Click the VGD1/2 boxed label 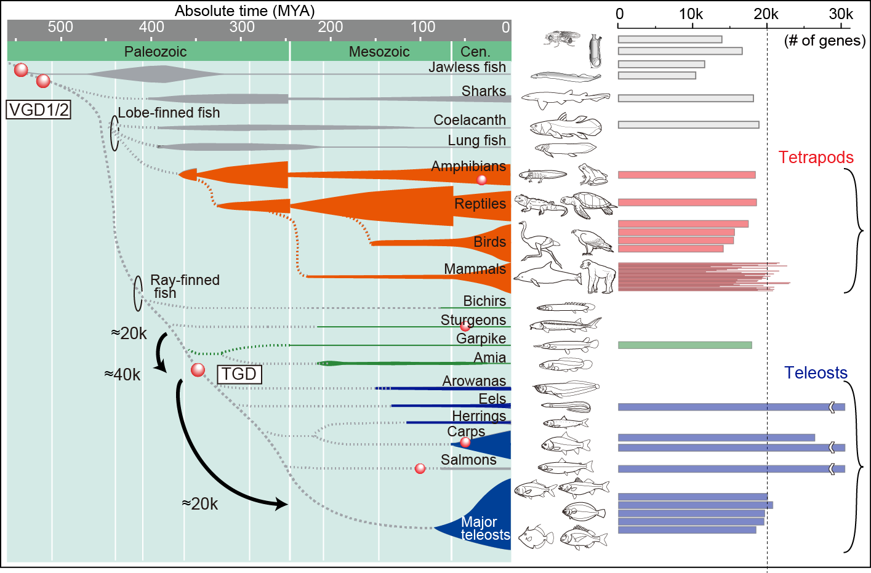pos(38,110)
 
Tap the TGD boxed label pos(239,374)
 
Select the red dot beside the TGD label pos(198,370)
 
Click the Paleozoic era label pos(155,52)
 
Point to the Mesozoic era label pos(379,52)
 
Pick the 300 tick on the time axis pos(242,27)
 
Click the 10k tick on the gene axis pos(691,14)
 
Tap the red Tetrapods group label pos(816,158)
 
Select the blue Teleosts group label pos(816,373)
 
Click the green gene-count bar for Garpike pos(684,345)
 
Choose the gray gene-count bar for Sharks pos(685,98)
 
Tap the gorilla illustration pos(597,275)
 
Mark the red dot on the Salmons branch pos(420,468)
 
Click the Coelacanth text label pos(469,120)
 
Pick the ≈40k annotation pos(122,375)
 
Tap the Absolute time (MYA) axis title pos(244,10)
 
